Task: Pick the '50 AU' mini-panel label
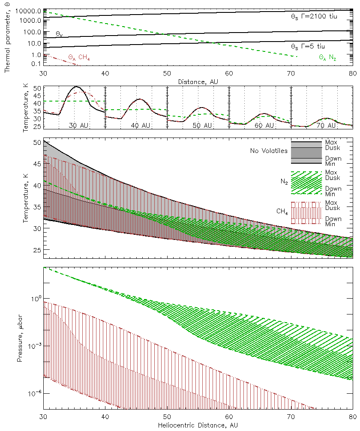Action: (201, 126)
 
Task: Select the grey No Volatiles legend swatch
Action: (306, 152)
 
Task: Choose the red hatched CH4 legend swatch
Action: (306, 213)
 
